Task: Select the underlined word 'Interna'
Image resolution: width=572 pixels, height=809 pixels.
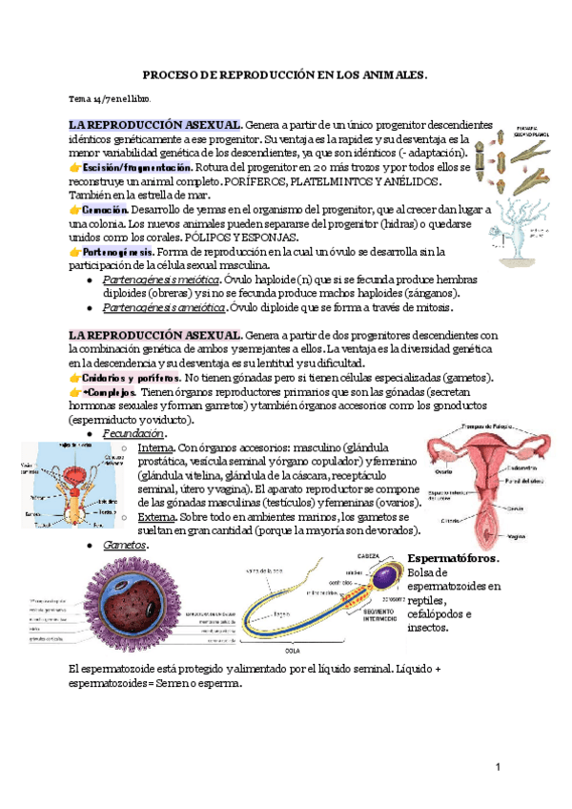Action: (155, 447)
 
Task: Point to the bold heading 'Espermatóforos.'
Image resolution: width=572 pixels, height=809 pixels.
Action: (454, 557)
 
